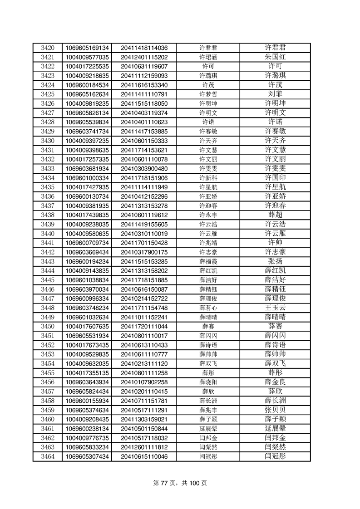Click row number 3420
click(x=47, y=48)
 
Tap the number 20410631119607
click(x=144, y=66)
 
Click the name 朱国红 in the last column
click(x=275, y=57)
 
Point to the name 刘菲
click(x=275, y=94)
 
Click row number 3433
click(x=47, y=168)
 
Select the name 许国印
click(x=275, y=178)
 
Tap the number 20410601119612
click(x=144, y=215)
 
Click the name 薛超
click(x=275, y=215)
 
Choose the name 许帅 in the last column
click(x=275, y=243)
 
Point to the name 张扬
click(x=275, y=261)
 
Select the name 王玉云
click(x=275, y=308)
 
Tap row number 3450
click(x=47, y=327)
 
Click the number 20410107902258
click(x=144, y=382)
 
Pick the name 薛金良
click(x=275, y=382)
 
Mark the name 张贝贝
click(x=275, y=410)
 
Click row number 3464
click(x=47, y=457)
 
